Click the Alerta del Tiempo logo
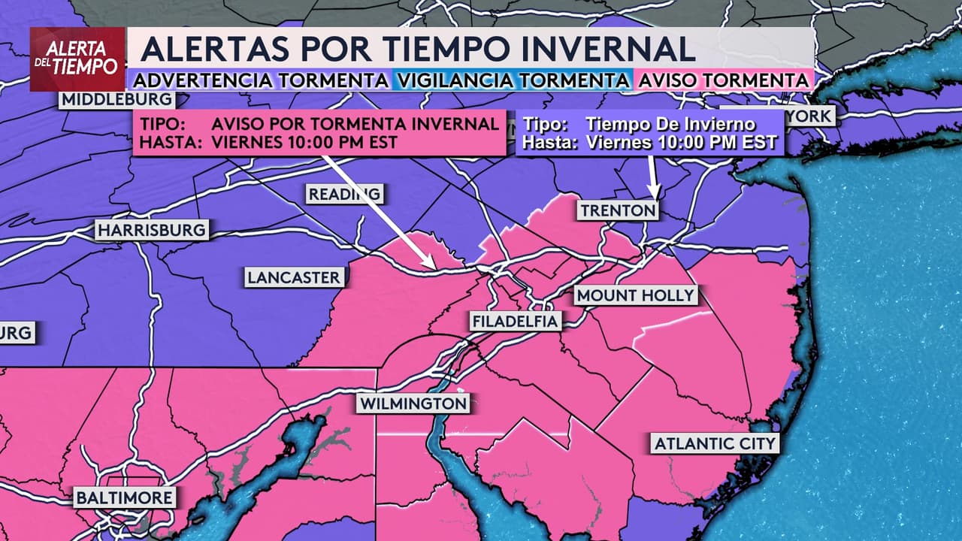(x=77, y=59)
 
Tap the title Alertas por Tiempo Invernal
(x=418, y=49)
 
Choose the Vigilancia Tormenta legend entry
(x=512, y=80)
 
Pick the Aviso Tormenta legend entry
(x=723, y=80)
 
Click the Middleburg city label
(x=116, y=99)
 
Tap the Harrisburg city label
(x=151, y=229)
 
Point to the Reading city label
(x=345, y=194)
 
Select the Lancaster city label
(x=294, y=277)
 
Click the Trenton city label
(x=618, y=210)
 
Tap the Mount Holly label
(x=636, y=295)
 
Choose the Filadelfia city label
(x=516, y=322)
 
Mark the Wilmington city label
(x=413, y=403)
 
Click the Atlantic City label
(x=714, y=443)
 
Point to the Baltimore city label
(x=125, y=497)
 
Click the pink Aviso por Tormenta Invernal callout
(x=319, y=133)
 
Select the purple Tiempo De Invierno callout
(x=650, y=134)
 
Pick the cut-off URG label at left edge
(x=17, y=332)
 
